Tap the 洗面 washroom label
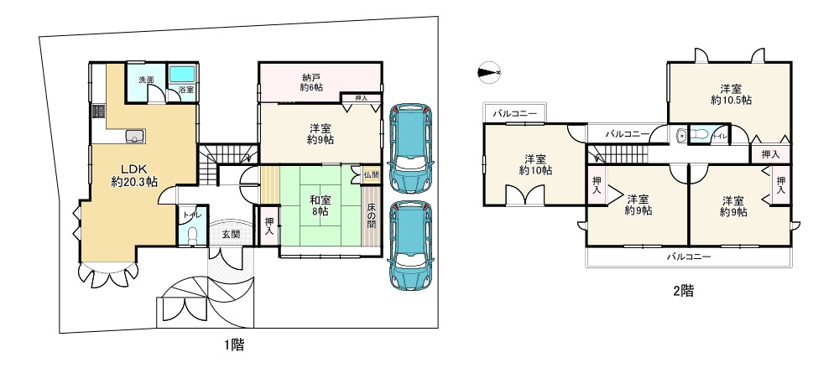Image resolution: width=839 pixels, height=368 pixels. coord(146,80)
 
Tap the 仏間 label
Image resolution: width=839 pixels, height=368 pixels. coord(372,175)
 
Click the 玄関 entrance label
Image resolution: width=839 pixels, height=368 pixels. coord(231,235)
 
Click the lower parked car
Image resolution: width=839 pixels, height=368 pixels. coord(410,246)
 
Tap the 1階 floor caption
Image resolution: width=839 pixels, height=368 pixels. coord(234,343)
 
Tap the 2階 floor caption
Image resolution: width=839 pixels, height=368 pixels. coord(682,291)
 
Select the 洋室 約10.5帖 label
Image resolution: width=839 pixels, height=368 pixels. coord(730,93)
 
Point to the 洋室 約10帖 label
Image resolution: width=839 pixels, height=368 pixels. coord(535,164)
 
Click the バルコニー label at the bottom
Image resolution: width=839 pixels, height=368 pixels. coord(689,257)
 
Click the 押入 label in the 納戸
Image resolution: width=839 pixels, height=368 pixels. coord(362,98)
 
